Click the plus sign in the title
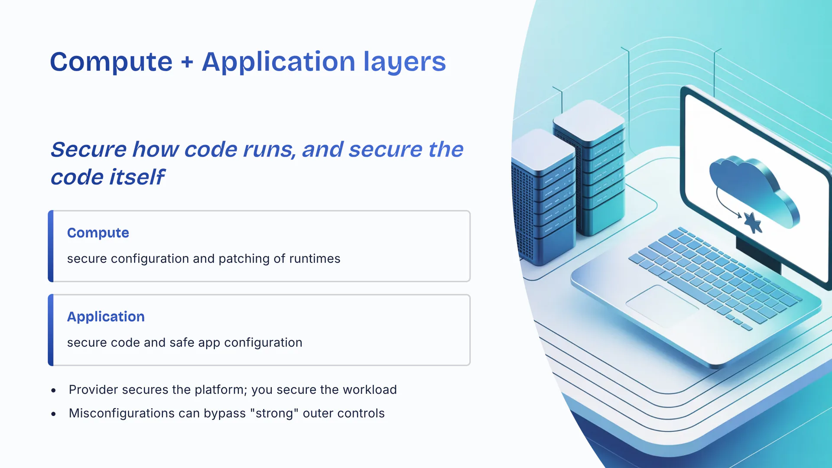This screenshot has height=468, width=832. coord(187,62)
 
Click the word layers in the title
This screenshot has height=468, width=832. coord(405,62)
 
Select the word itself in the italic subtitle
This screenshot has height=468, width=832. coord(136,176)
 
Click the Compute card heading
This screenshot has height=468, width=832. coord(98,233)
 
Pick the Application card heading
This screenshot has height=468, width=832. coord(106,317)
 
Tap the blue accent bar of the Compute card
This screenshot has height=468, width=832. coord(51,246)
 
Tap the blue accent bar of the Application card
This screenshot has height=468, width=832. coord(51,330)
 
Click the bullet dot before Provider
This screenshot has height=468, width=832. coord(53,390)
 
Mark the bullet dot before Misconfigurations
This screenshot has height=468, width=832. coord(53,414)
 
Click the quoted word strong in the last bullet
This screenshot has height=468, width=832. coord(274,413)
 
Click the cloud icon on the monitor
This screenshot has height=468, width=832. coord(754,191)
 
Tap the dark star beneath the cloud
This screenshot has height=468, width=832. coord(753,223)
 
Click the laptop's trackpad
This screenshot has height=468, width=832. coord(662,305)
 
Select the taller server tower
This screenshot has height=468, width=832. coord(589,167)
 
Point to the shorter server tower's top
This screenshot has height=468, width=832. coord(543,149)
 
